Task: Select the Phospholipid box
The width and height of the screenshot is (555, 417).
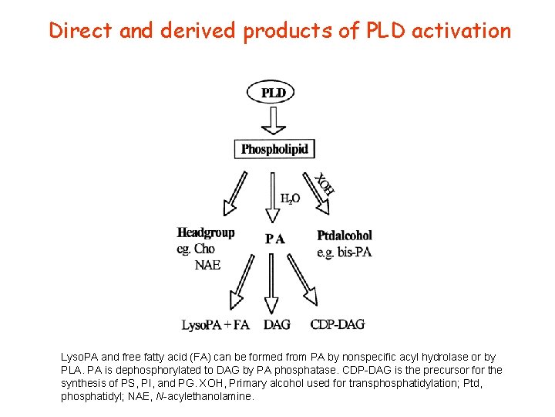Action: click(275, 149)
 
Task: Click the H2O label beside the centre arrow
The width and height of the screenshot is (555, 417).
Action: click(290, 198)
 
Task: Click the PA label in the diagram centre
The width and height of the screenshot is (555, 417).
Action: click(275, 239)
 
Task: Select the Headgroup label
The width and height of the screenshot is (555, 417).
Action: click(205, 232)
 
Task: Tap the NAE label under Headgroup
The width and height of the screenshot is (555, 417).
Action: click(207, 265)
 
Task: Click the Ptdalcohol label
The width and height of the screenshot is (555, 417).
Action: click(345, 236)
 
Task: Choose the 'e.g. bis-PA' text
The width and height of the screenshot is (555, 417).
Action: click(345, 253)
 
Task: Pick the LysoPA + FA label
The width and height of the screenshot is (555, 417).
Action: click(215, 325)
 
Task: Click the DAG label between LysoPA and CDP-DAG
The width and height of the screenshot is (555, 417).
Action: click(277, 325)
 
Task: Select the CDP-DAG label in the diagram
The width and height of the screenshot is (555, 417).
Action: click(338, 324)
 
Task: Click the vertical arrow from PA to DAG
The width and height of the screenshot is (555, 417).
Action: click(272, 282)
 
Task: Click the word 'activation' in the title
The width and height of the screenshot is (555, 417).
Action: click(461, 31)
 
